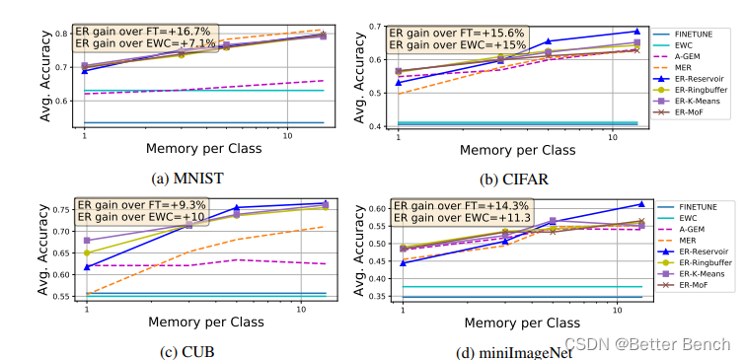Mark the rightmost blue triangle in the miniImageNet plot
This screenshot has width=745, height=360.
point(641,204)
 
